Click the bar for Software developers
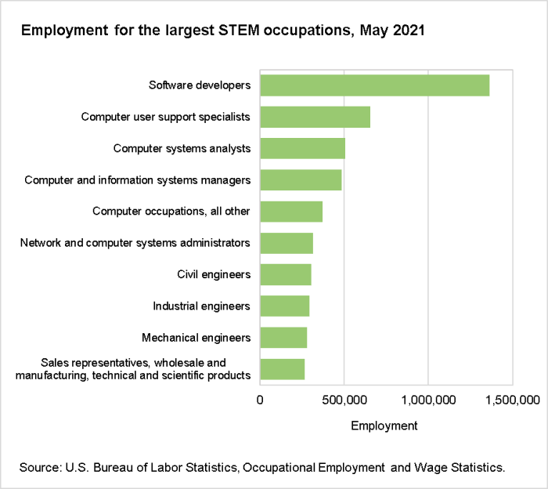coord(374,85)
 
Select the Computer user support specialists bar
coord(315,117)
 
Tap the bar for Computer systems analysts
coord(302,148)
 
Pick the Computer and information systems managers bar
coord(301,180)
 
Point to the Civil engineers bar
coord(286,274)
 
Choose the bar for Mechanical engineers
coord(283,338)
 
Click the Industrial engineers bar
coord(284,306)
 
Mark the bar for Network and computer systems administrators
coord(287,243)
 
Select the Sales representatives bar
coord(282,369)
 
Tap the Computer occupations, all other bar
coord(291,212)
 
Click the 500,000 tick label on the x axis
coord(344,400)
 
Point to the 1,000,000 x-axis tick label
coord(428,400)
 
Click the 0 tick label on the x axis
coord(261,400)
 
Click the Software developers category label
coord(200,85)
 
